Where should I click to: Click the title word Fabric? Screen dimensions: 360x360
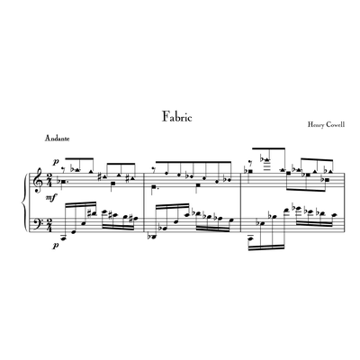tap(177, 116)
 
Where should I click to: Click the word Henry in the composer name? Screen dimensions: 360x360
tap(316, 124)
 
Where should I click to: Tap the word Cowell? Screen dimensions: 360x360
tap(336, 124)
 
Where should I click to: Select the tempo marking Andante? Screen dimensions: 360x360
tap(58, 139)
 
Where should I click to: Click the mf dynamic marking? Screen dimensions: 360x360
tap(51, 198)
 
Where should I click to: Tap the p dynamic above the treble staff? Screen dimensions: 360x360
tap(55, 162)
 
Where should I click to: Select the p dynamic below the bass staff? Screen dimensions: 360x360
tap(55, 245)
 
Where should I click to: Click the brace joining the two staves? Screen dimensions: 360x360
tap(24, 202)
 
